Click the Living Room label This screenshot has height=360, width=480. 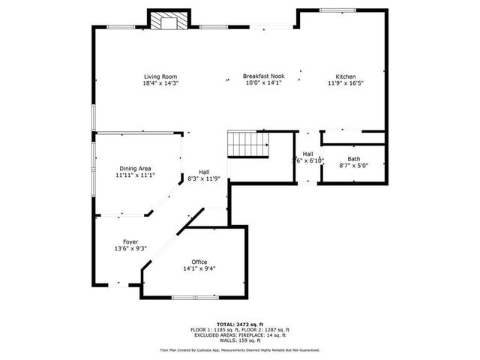160,76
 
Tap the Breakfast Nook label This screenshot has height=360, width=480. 262,76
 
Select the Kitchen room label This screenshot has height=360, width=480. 345,76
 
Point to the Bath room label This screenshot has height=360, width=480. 353,159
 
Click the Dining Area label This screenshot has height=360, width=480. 135,169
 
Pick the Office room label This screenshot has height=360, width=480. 199,262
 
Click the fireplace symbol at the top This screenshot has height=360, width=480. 165,22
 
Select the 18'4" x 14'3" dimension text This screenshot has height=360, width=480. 160,83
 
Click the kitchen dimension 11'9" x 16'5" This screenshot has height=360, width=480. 345,83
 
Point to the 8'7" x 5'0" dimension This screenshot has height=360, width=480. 353,166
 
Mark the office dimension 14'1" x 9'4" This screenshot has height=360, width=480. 199,268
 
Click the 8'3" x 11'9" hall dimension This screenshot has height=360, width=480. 204,178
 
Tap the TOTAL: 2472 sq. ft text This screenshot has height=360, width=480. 239,325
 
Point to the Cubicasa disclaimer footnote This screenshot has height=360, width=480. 239,349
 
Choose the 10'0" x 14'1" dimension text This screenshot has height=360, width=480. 262,83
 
